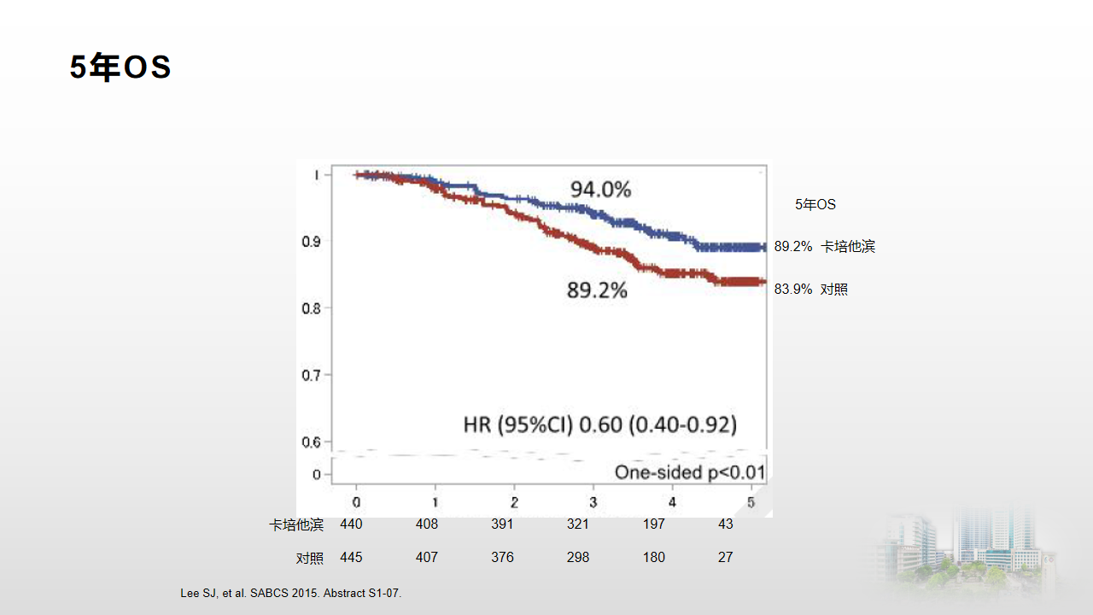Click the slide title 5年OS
[x=120, y=68]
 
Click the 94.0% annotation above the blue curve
[x=600, y=190]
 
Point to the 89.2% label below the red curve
[x=597, y=291]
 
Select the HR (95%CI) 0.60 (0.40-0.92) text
[x=599, y=425]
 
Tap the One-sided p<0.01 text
[x=690, y=473]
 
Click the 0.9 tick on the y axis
[x=312, y=242]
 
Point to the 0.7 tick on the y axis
[x=312, y=375]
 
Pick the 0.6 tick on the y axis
[x=312, y=442]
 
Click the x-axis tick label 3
[x=593, y=502]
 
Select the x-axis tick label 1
[x=435, y=502]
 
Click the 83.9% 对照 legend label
[x=810, y=290]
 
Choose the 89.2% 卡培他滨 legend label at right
[x=824, y=247]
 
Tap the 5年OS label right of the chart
[x=815, y=205]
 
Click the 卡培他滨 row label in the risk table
[x=296, y=524]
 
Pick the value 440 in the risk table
[x=351, y=524]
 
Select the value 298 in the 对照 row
[x=578, y=558]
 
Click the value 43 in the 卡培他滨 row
[x=726, y=524]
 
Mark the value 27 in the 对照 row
[x=726, y=558]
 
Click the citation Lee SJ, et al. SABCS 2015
[x=291, y=593]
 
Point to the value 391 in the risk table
[x=502, y=524]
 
